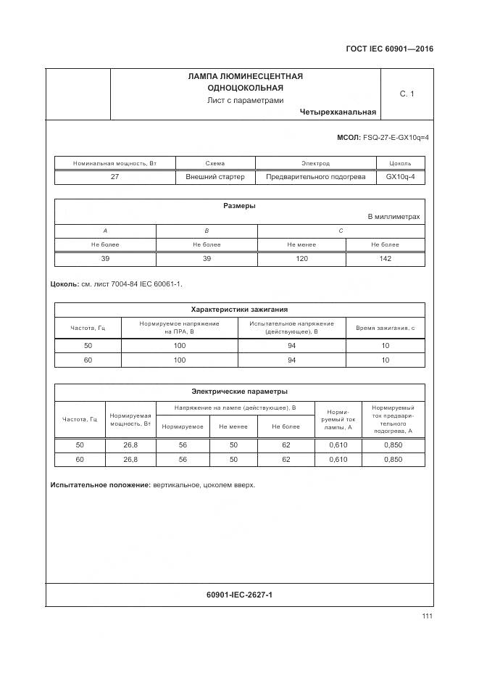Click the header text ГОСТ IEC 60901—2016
[390, 49]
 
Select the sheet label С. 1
[407, 94]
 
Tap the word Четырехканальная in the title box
[338, 112]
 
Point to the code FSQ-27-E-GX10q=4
[395, 137]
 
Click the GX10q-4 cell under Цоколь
[400, 177]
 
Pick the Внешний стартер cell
[215, 177]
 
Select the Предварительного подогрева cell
[315, 177]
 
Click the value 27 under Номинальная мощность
[114, 177]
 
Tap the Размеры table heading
[239, 206]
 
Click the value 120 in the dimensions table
[301, 259]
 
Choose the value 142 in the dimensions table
[385, 259]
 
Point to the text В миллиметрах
[393, 217]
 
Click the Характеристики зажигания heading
[239, 310]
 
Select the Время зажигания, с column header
[385, 328]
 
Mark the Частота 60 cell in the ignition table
[88, 360]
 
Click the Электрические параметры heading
[239, 392]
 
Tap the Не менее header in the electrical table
[233, 426]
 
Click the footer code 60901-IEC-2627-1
[239, 595]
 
